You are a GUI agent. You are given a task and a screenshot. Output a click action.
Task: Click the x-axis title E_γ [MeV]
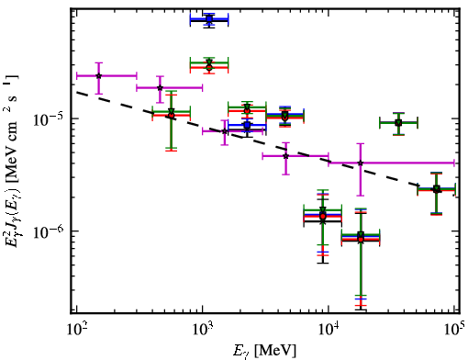tap(265, 351)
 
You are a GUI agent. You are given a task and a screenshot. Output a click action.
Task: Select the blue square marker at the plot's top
tap(209, 19)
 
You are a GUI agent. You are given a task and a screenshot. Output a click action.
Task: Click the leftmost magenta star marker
tap(98, 75)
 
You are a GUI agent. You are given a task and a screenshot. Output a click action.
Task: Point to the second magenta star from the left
tap(160, 88)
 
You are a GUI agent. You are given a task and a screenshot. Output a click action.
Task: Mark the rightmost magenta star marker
tap(361, 163)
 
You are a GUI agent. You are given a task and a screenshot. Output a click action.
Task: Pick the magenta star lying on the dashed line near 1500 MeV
tap(225, 131)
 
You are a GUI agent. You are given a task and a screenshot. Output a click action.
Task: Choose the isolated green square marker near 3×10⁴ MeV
tap(398, 123)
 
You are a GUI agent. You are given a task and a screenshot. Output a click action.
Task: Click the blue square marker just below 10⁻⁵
tap(247, 125)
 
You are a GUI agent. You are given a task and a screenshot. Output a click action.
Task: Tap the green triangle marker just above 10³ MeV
tap(209, 63)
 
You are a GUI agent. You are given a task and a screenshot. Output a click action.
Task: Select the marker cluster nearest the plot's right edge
tap(437, 189)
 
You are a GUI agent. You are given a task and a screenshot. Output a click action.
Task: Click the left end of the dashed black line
tap(76, 92)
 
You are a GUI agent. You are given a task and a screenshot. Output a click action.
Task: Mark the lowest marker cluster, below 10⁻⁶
tap(361, 237)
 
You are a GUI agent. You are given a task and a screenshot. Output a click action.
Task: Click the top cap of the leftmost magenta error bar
tap(98, 63)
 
